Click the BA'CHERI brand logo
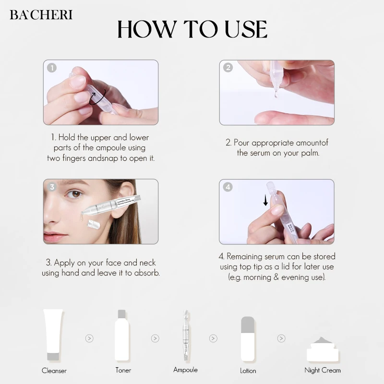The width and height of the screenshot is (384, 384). click(41, 14)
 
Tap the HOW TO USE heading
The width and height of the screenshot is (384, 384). click(192, 30)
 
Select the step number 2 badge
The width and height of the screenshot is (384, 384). click(228, 68)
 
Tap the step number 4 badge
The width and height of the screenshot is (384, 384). click(228, 187)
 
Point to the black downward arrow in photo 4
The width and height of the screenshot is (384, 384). click(265, 200)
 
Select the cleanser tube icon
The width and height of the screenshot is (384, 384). click(53, 334)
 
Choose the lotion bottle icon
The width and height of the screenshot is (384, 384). click(247, 336)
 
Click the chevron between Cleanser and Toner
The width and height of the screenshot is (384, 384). click(89, 338)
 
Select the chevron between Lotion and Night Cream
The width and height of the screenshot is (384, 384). click(281, 338)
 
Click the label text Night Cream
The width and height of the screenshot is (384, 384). click(323, 370)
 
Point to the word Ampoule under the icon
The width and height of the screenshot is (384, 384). click(185, 370)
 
